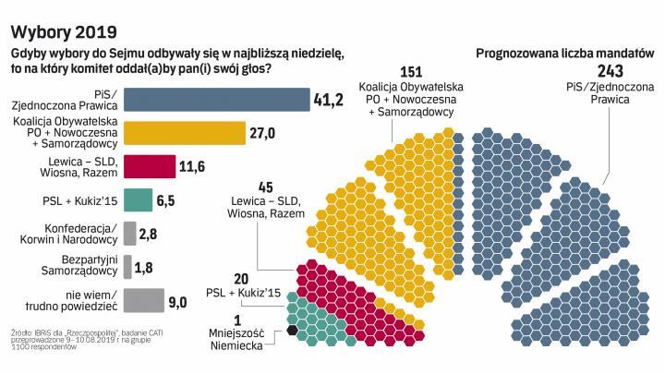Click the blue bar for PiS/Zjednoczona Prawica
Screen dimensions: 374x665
[x=217, y=100]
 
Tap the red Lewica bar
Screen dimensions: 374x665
[x=149, y=166]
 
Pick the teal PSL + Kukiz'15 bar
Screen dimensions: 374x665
[x=138, y=199]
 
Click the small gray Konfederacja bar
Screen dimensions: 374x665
[x=130, y=233]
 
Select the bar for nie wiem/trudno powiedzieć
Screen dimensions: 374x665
[x=143, y=299]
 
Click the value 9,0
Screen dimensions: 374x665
[x=177, y=300]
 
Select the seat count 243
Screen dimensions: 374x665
[x=609, y=71]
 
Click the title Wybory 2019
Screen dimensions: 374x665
[x=56, y=21]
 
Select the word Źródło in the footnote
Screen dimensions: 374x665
[x=24, y=327]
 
